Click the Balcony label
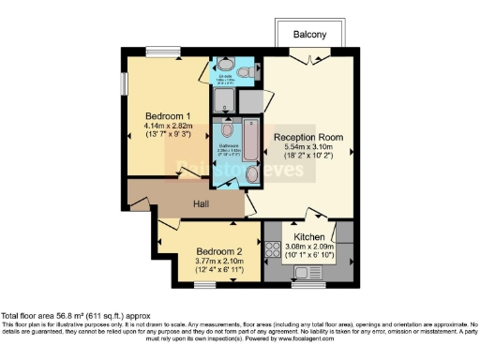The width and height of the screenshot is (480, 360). point(309,35)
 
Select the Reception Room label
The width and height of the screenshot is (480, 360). point(308,138)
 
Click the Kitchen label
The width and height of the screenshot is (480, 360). point(309,237)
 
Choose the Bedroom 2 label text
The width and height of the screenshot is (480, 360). point(219,251)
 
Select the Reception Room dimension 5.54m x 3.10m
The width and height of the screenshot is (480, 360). point(308,149)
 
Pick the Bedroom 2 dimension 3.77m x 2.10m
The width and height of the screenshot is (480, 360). point(219,262)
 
